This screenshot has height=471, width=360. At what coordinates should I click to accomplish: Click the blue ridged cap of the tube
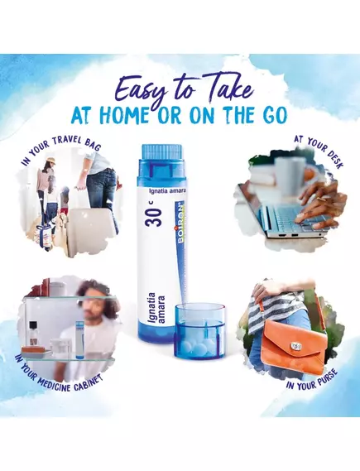[x=161, y=154]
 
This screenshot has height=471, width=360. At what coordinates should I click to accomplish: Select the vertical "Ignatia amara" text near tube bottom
[x=157, y=308]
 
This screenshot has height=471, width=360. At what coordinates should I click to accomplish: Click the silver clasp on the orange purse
[x=296, y=347]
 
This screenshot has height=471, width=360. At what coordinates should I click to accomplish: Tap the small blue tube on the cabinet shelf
[x=79, y=340]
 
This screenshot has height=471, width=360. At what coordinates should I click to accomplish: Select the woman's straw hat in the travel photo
[x=50, y=161]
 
